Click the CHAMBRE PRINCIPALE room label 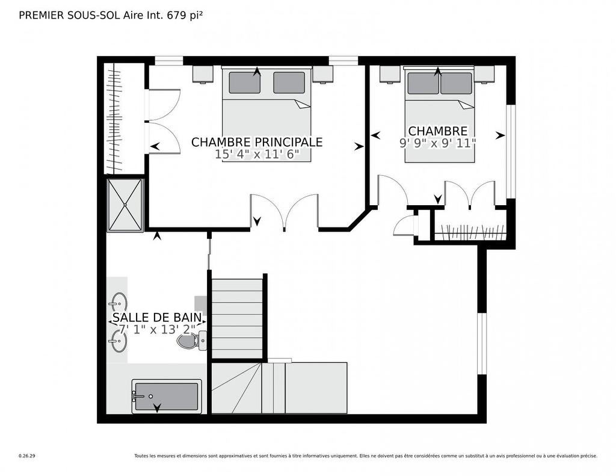(x=257, y=142)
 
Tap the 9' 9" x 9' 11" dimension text (x=437, y=143)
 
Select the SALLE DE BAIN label (x=156, y=317)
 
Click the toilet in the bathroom (x=191, y=341)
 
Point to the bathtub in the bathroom (x=167, y=397)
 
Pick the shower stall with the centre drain (x=125, y=205)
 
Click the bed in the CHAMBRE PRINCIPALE (x=266, y=114)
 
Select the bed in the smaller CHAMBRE (x=439, y=114)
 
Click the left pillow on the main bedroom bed (x=244, y=82)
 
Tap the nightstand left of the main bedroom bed (x=203, y=73)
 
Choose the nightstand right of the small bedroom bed (x=484, y=73)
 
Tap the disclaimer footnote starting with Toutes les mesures (x=365, y=456)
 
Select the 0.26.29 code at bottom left (x=27, y=456)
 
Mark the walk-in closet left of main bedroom (x=125, y=119)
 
